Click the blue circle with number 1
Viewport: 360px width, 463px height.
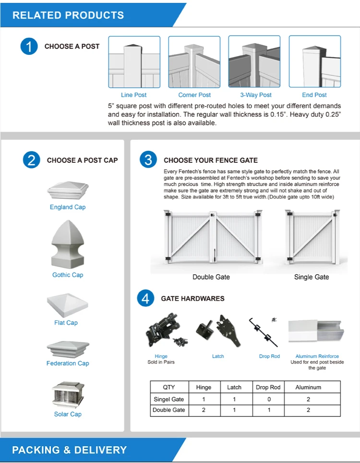pyautogui.click(x=29, y=47)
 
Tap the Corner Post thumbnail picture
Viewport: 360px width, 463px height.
pyautogui.click(x=194, y=62)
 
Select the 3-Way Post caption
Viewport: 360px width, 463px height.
pyautogui.click(x=256, y=95)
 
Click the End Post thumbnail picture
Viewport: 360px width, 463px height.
pyautogui.click(x=314, y=62)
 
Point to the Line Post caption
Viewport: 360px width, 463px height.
pyautogui.click(x=134, y=95)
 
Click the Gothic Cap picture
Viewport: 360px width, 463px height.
pyautogui.click(x=68, y=244)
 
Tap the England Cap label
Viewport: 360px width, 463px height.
pyautogui.click(x=68, y=207)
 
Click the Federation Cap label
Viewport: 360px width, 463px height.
pyautogui.click(x=68, y=364)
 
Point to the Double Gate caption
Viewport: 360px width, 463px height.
pyautogui.click(x=211, y=277)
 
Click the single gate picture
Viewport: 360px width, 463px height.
pyautogui.click(x=312, y=237)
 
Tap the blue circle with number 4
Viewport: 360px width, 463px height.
pyautogui.click(x=145, y=299)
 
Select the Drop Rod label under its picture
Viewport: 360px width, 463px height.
pyautogui.click(x=269, y=356)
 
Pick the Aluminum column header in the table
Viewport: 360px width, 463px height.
pyautogui.click(x=308, y=387)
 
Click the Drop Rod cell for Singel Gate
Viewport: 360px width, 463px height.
pyautogui.click(x=269, y=399)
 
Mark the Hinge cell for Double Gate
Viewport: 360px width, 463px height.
pyautogui.click(x=204, y=410)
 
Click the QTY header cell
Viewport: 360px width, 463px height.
pyautogui.click(x=169, y=387)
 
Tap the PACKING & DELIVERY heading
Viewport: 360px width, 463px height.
pyautogui.click(x=70, y=450)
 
